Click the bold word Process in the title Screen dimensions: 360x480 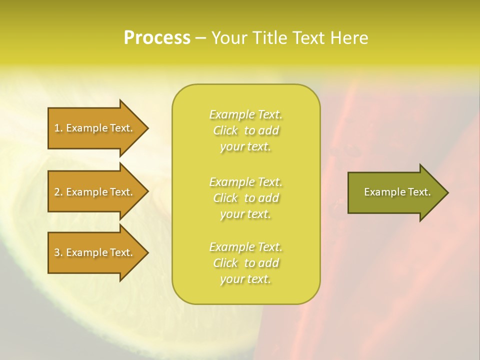pos(157,38)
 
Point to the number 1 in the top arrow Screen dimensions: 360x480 pos(57,128)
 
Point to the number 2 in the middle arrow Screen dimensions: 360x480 pos(57,192)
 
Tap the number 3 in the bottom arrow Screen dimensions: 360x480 pos(57,252)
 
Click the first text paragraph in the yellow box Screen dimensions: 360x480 pos(245,130)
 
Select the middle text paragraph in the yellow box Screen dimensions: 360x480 pos(245,198)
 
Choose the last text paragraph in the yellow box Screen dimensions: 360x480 pos(245,263)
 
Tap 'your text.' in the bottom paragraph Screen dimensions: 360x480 pos(245,279)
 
